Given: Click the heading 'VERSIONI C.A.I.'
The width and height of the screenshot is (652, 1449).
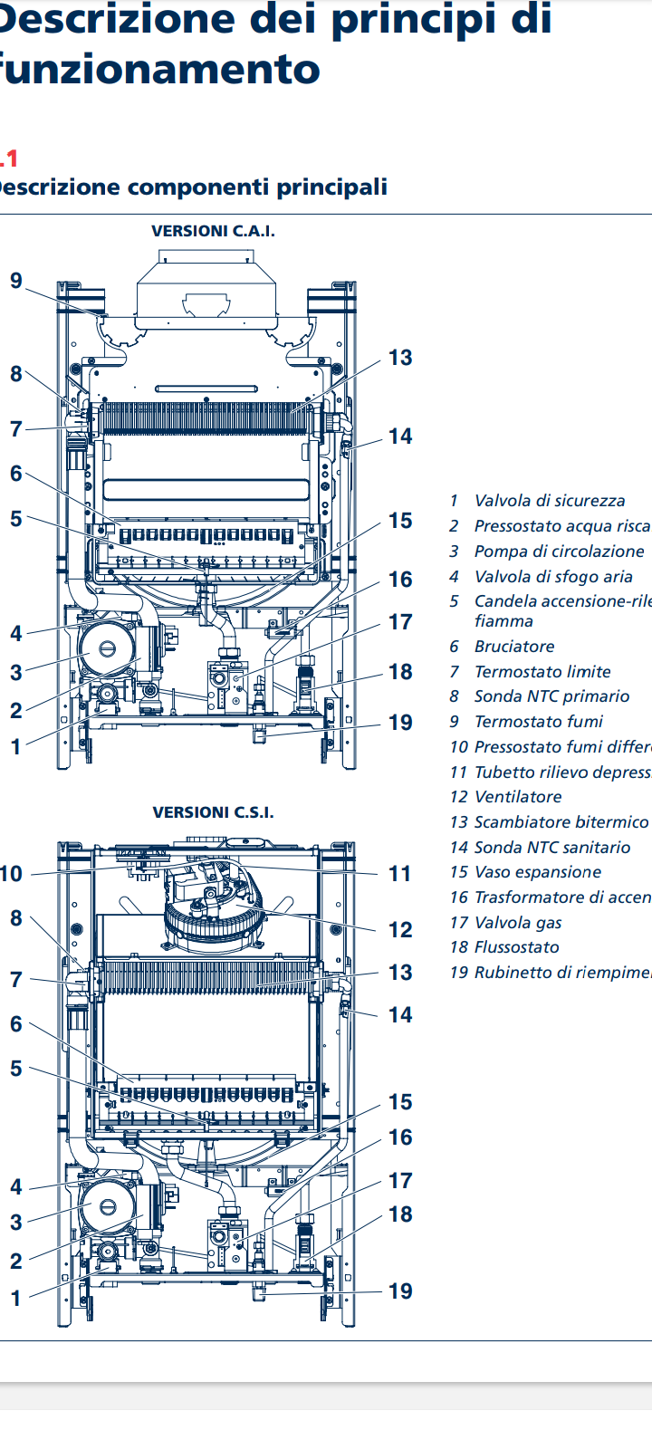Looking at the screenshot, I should (x=213, y=231).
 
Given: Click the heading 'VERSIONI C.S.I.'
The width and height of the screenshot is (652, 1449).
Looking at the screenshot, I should (x=213, y=812).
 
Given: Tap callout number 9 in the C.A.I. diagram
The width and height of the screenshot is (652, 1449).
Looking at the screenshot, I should (x=16, y=281).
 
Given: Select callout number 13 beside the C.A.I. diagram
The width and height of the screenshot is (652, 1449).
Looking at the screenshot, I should (x=400, y=358).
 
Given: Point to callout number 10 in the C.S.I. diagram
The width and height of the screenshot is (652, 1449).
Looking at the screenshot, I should (x=11, y=874).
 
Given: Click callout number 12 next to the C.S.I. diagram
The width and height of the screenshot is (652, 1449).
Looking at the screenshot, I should (x=400, y=930).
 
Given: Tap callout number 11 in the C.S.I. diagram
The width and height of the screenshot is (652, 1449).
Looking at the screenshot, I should (x=400, y=874).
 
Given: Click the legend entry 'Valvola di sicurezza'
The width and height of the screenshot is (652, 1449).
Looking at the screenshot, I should (x=549, y=501).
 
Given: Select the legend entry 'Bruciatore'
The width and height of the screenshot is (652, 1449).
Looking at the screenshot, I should (x=513, y=647).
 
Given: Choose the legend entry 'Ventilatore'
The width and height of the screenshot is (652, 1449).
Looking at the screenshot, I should (x=517, y=797).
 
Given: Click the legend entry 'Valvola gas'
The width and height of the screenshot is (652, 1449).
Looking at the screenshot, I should (x=517, y=923).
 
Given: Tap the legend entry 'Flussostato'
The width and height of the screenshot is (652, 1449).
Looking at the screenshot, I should (x=516, y=947).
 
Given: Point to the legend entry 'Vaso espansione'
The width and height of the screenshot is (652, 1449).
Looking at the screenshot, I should (x=537, y=872).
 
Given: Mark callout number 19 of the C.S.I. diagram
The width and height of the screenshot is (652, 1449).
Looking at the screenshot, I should (x=400, y=1291).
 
